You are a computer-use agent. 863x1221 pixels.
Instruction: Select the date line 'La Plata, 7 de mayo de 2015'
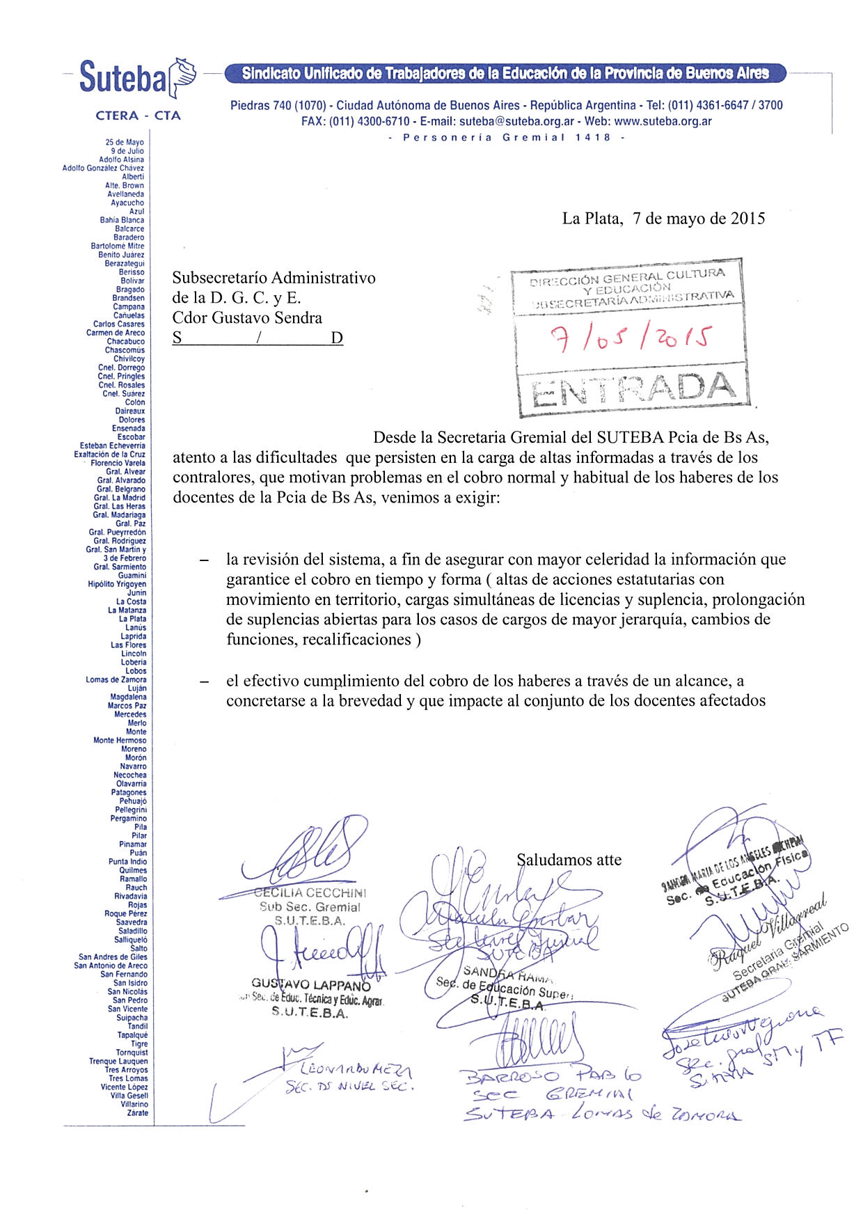click(x=663, y=219)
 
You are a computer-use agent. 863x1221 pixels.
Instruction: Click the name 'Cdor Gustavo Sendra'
click(x=247, y=318)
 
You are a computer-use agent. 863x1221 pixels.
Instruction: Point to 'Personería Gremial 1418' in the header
click(x=507, y=137)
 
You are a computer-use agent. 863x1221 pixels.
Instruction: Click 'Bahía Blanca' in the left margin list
click(x=122, y=220)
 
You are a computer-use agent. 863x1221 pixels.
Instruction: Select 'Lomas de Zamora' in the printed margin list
click(x=116, y=679)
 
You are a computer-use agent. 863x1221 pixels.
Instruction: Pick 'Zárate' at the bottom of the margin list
click(x=137, y=1112)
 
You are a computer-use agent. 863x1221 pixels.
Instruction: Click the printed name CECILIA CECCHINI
click(x=310, y=893)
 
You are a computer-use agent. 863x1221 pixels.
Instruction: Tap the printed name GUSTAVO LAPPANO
click(x=311, y=985)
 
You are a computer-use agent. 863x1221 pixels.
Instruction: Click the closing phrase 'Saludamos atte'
click(x=570, y=860)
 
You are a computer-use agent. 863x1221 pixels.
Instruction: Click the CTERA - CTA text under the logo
click(x=138, y=116)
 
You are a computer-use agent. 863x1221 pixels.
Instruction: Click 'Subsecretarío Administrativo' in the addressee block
click(x=274, y=278)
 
